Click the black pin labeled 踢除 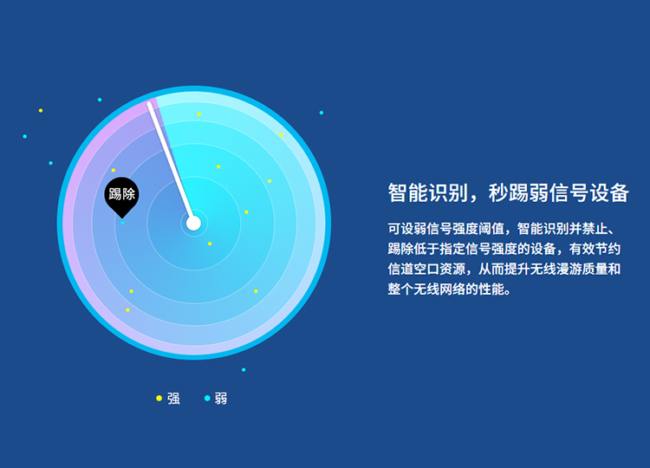coord(121,196)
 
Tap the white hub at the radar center coord(193,223)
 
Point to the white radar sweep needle coord(171,163)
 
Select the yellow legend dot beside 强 coord(159,399)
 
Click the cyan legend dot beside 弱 coord(207,399)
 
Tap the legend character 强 coord(173,399)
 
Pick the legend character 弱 coord(221,399)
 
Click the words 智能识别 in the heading coord(428,192)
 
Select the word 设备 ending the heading coord(609,192)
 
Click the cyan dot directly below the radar coord(244,370)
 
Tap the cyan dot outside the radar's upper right coord(322,113)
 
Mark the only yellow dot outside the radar coord(41,111)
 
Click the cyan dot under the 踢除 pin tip coord(123,223)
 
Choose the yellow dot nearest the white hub coord(210,244)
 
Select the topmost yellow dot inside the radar coord(199,114)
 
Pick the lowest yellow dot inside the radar coord(127,310)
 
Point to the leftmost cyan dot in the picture coord(25,136)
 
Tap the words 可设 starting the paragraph coord(400,229)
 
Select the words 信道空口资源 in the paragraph coord(426,269)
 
